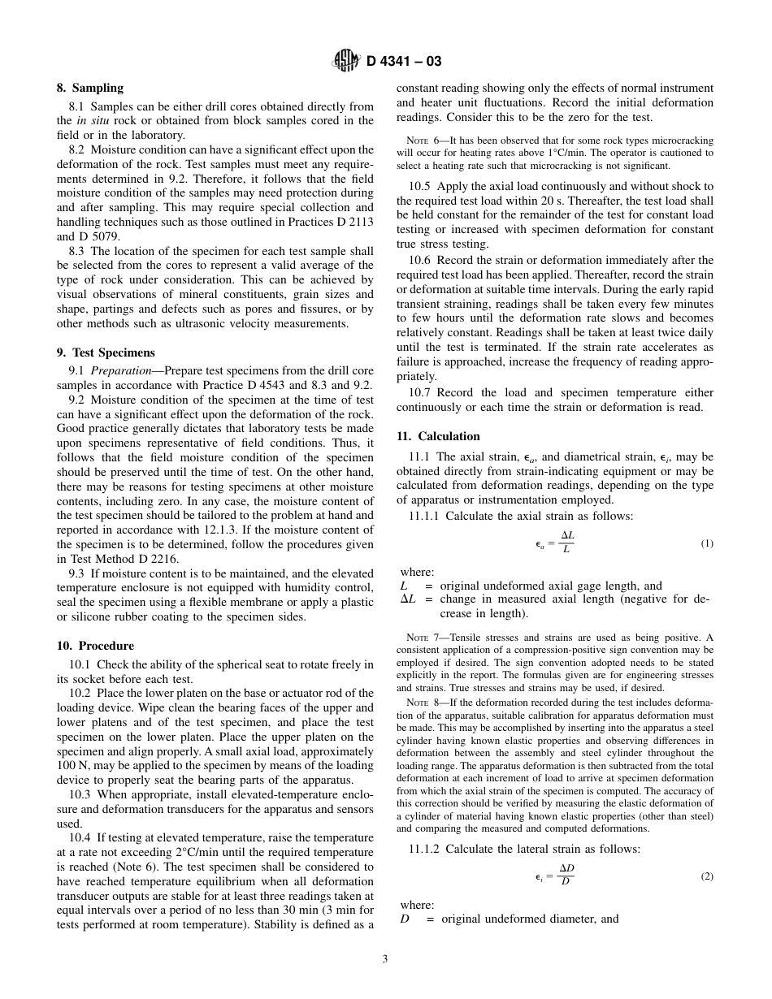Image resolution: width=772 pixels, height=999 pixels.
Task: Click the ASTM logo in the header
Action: pos(347,61)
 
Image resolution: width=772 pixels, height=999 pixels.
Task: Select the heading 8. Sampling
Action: pos(89,88)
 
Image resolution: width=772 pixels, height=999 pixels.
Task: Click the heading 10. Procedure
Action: pos(95,647)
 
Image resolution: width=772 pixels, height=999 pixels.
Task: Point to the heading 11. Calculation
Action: pos(438,436)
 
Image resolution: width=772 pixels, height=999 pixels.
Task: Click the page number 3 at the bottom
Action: pos(385,958)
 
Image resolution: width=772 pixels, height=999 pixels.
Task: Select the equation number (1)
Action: pos(706,543)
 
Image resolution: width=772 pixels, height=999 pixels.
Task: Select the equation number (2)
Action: pos(706,876)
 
